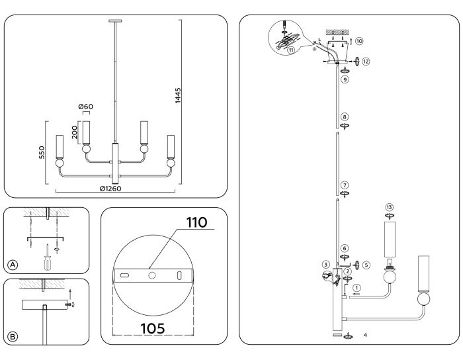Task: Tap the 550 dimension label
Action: (x=41, y=154)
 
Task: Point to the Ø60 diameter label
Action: (x=85, y=108)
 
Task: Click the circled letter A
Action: (x=13, y=265)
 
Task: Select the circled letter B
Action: (x=13, y=336)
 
